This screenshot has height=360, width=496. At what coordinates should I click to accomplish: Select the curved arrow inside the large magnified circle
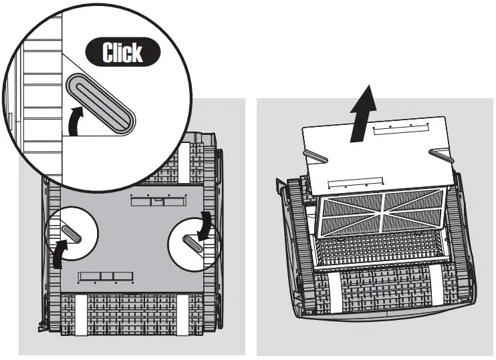[x=82, y=118]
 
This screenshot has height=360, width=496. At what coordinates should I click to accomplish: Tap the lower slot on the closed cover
[x=100, y=275]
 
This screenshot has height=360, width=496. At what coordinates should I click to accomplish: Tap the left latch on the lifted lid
[x=316, y=157]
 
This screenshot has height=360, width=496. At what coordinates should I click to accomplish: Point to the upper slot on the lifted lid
[x=399, y=130]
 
